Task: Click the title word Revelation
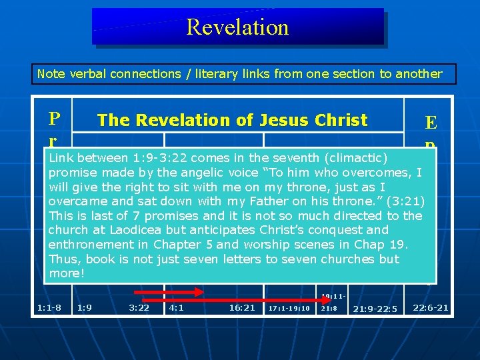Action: (237, 27)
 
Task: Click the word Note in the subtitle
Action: (51, 74)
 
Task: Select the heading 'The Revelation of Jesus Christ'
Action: (232, 120)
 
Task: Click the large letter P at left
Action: (53, 119)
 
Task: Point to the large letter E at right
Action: (431, 123)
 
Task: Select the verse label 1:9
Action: (85, 308)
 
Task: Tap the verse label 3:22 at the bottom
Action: (139, 308)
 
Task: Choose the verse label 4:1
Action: (177, 308)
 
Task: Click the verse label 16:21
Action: (241, 308)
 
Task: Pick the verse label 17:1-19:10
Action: (289, 309)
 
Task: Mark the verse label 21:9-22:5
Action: (375, 309)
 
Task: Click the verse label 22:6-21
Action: (431, 307)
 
